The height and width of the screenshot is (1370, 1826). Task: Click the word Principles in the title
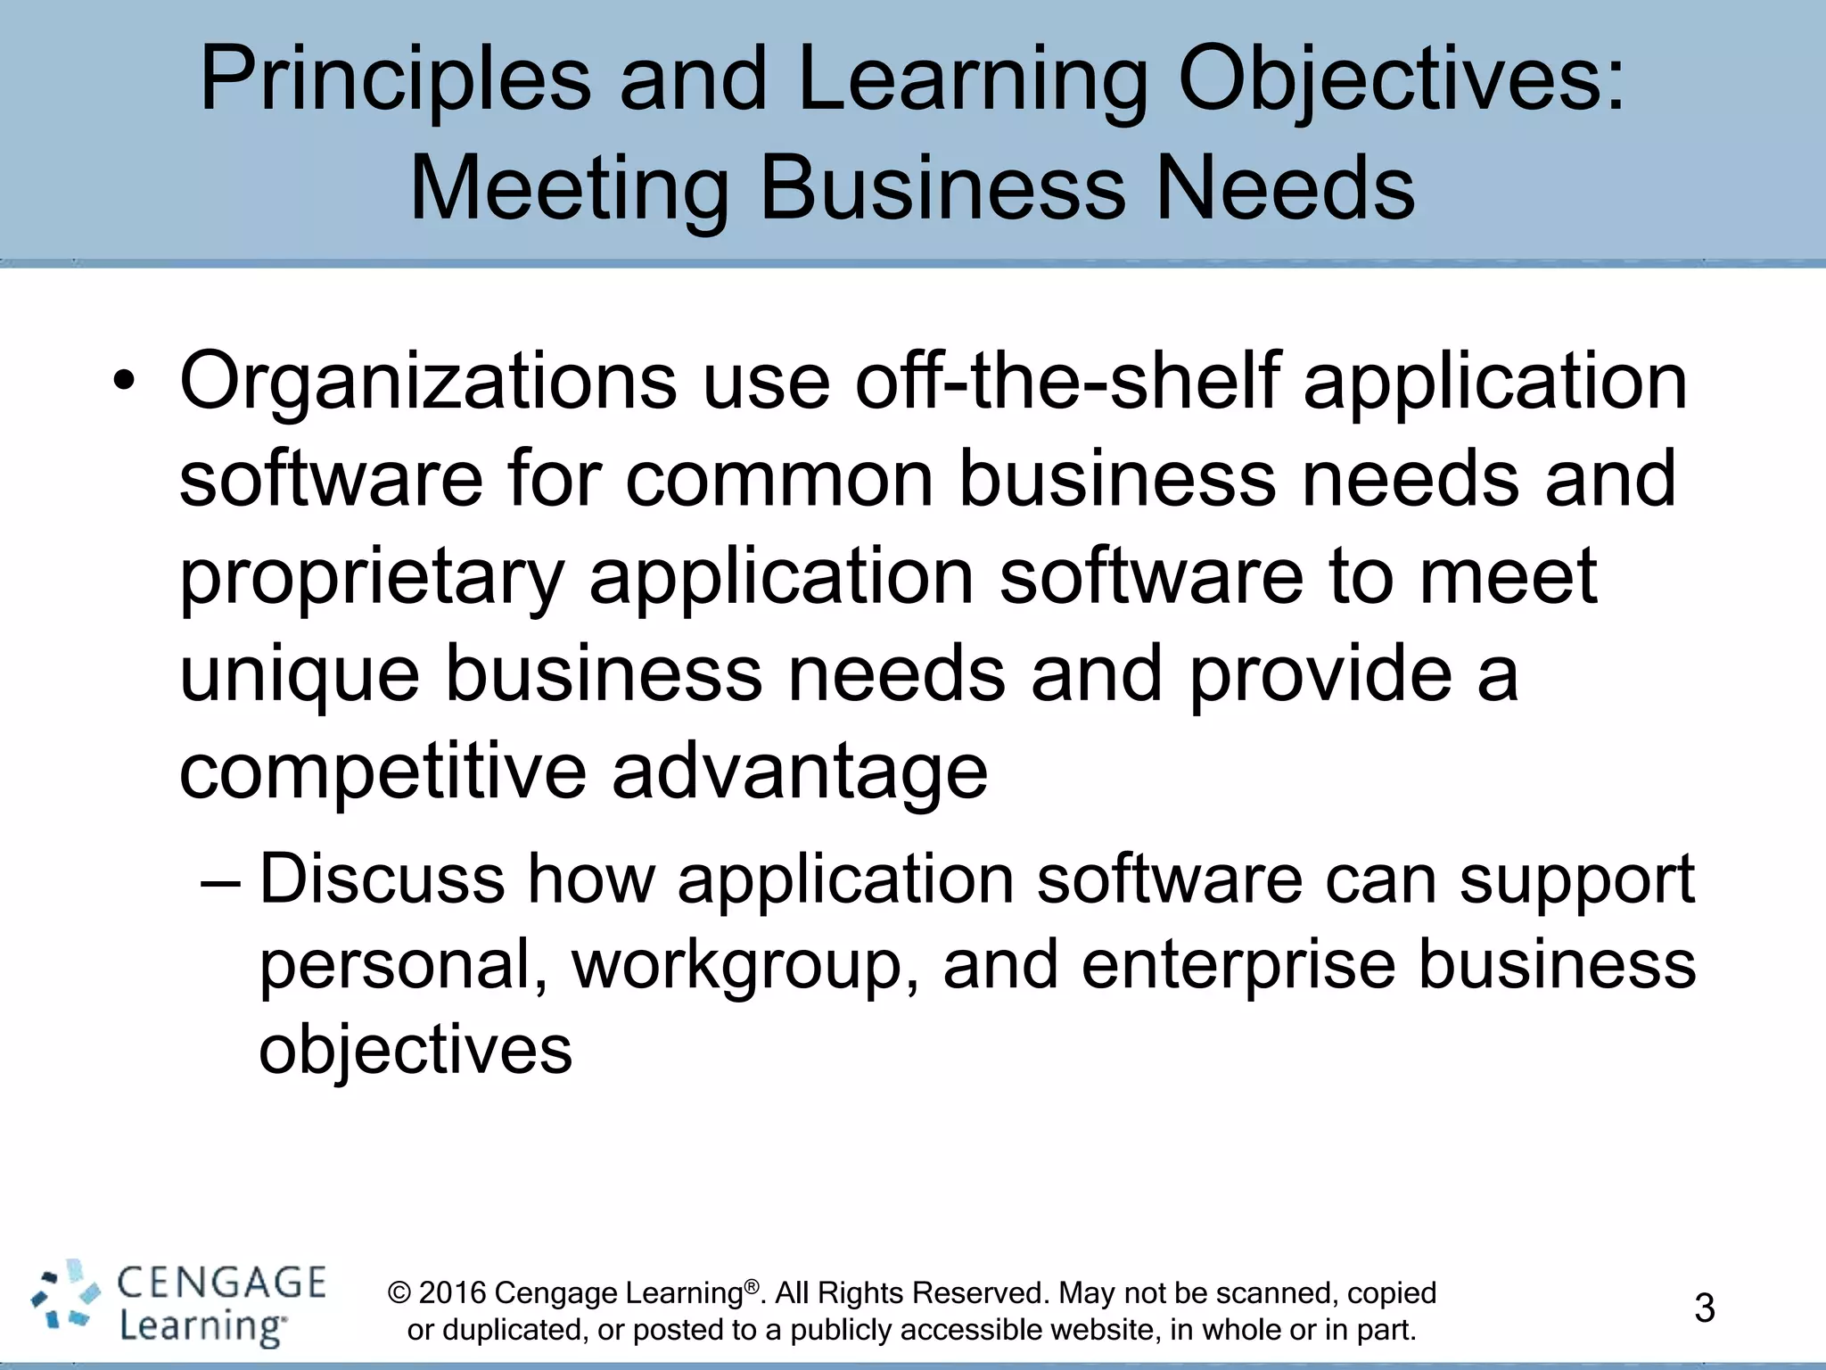(x=395, y=80)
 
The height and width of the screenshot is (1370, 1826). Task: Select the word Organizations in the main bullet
(x=428, y=382)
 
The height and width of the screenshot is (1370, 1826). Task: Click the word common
(x=779, y=479)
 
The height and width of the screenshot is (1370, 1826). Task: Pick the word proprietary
(x=372, y=578)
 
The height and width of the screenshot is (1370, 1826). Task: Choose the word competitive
(x=382, y=771)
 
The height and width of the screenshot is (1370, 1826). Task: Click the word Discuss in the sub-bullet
(x=382, y=879)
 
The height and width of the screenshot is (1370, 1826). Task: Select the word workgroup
(x=745, y=966)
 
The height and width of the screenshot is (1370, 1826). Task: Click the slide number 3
(x=1704, y=1308)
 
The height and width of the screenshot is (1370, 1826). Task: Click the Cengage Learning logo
(x=178, y=1304)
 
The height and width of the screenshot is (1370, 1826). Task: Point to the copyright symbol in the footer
(x=399, y=1293)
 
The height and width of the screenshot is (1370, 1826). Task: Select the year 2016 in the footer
(x=452, y=1293)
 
